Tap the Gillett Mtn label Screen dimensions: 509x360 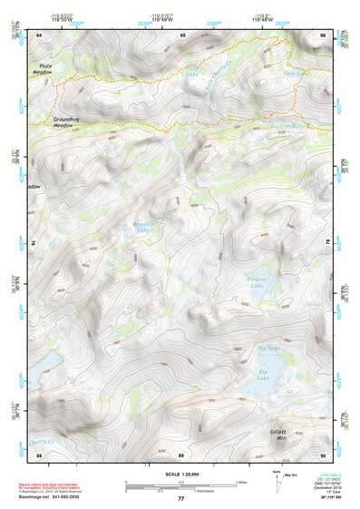pyautogui.click(x=278, y=434)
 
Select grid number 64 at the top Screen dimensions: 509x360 pyautogui.click(x=39, y=34)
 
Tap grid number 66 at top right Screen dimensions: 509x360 pyautogui.click(x=323, y=34)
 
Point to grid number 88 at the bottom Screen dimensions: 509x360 pyautogui.click(x=39, y=454)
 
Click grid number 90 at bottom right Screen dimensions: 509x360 pyautogui.click(x=323, y=454)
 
